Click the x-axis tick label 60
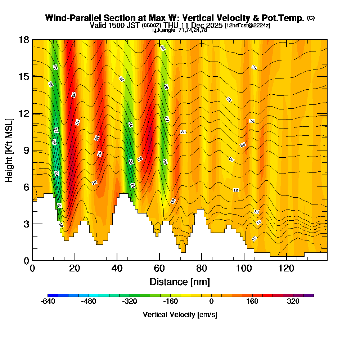159,269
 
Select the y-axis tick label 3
26,224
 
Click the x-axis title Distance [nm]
180,282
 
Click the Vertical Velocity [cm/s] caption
180,315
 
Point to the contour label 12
254,239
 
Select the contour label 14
259,222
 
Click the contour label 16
256,212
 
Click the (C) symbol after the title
311,18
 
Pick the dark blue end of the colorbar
51,295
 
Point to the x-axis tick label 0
32,269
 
